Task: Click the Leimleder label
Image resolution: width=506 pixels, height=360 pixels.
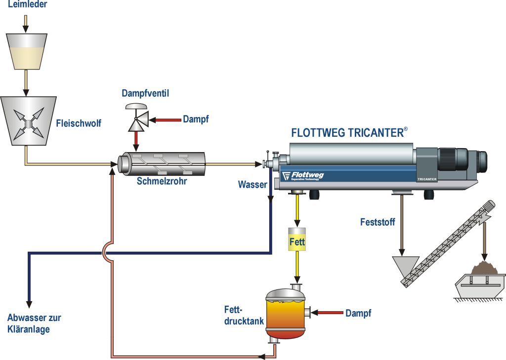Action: tap(28, 4)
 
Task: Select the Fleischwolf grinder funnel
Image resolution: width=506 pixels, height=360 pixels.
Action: tap(28, 120)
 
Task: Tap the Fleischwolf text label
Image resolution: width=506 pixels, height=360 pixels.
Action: tap(79, 123)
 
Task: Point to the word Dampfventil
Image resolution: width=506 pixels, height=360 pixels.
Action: tap(145, 93)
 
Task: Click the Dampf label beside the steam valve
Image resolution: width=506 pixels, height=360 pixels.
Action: tap(196, 120)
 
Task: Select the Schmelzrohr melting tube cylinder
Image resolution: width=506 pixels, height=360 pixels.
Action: tap(162, 163)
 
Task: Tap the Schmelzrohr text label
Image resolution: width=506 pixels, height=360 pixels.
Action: tap(162, 181)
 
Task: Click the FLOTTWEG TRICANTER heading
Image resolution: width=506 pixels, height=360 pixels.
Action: tap(349, 132)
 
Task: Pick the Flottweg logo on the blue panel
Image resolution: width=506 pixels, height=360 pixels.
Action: tap(303, 176)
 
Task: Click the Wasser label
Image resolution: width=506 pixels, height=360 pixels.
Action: tap(253, 185)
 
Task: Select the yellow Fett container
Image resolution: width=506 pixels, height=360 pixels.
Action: tap(297, 240)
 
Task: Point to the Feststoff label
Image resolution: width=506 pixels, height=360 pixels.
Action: tap(378, 222)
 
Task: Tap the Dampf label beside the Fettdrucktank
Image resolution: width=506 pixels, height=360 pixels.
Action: tap(358, 313)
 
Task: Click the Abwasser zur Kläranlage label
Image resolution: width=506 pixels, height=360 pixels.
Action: tap(34, 323)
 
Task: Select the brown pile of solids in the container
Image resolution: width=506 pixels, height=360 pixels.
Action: tap(485, 268)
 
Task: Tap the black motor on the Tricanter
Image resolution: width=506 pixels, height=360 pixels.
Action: tap(463, 160)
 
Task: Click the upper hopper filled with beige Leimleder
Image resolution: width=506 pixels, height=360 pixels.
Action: tap(27, 51)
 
